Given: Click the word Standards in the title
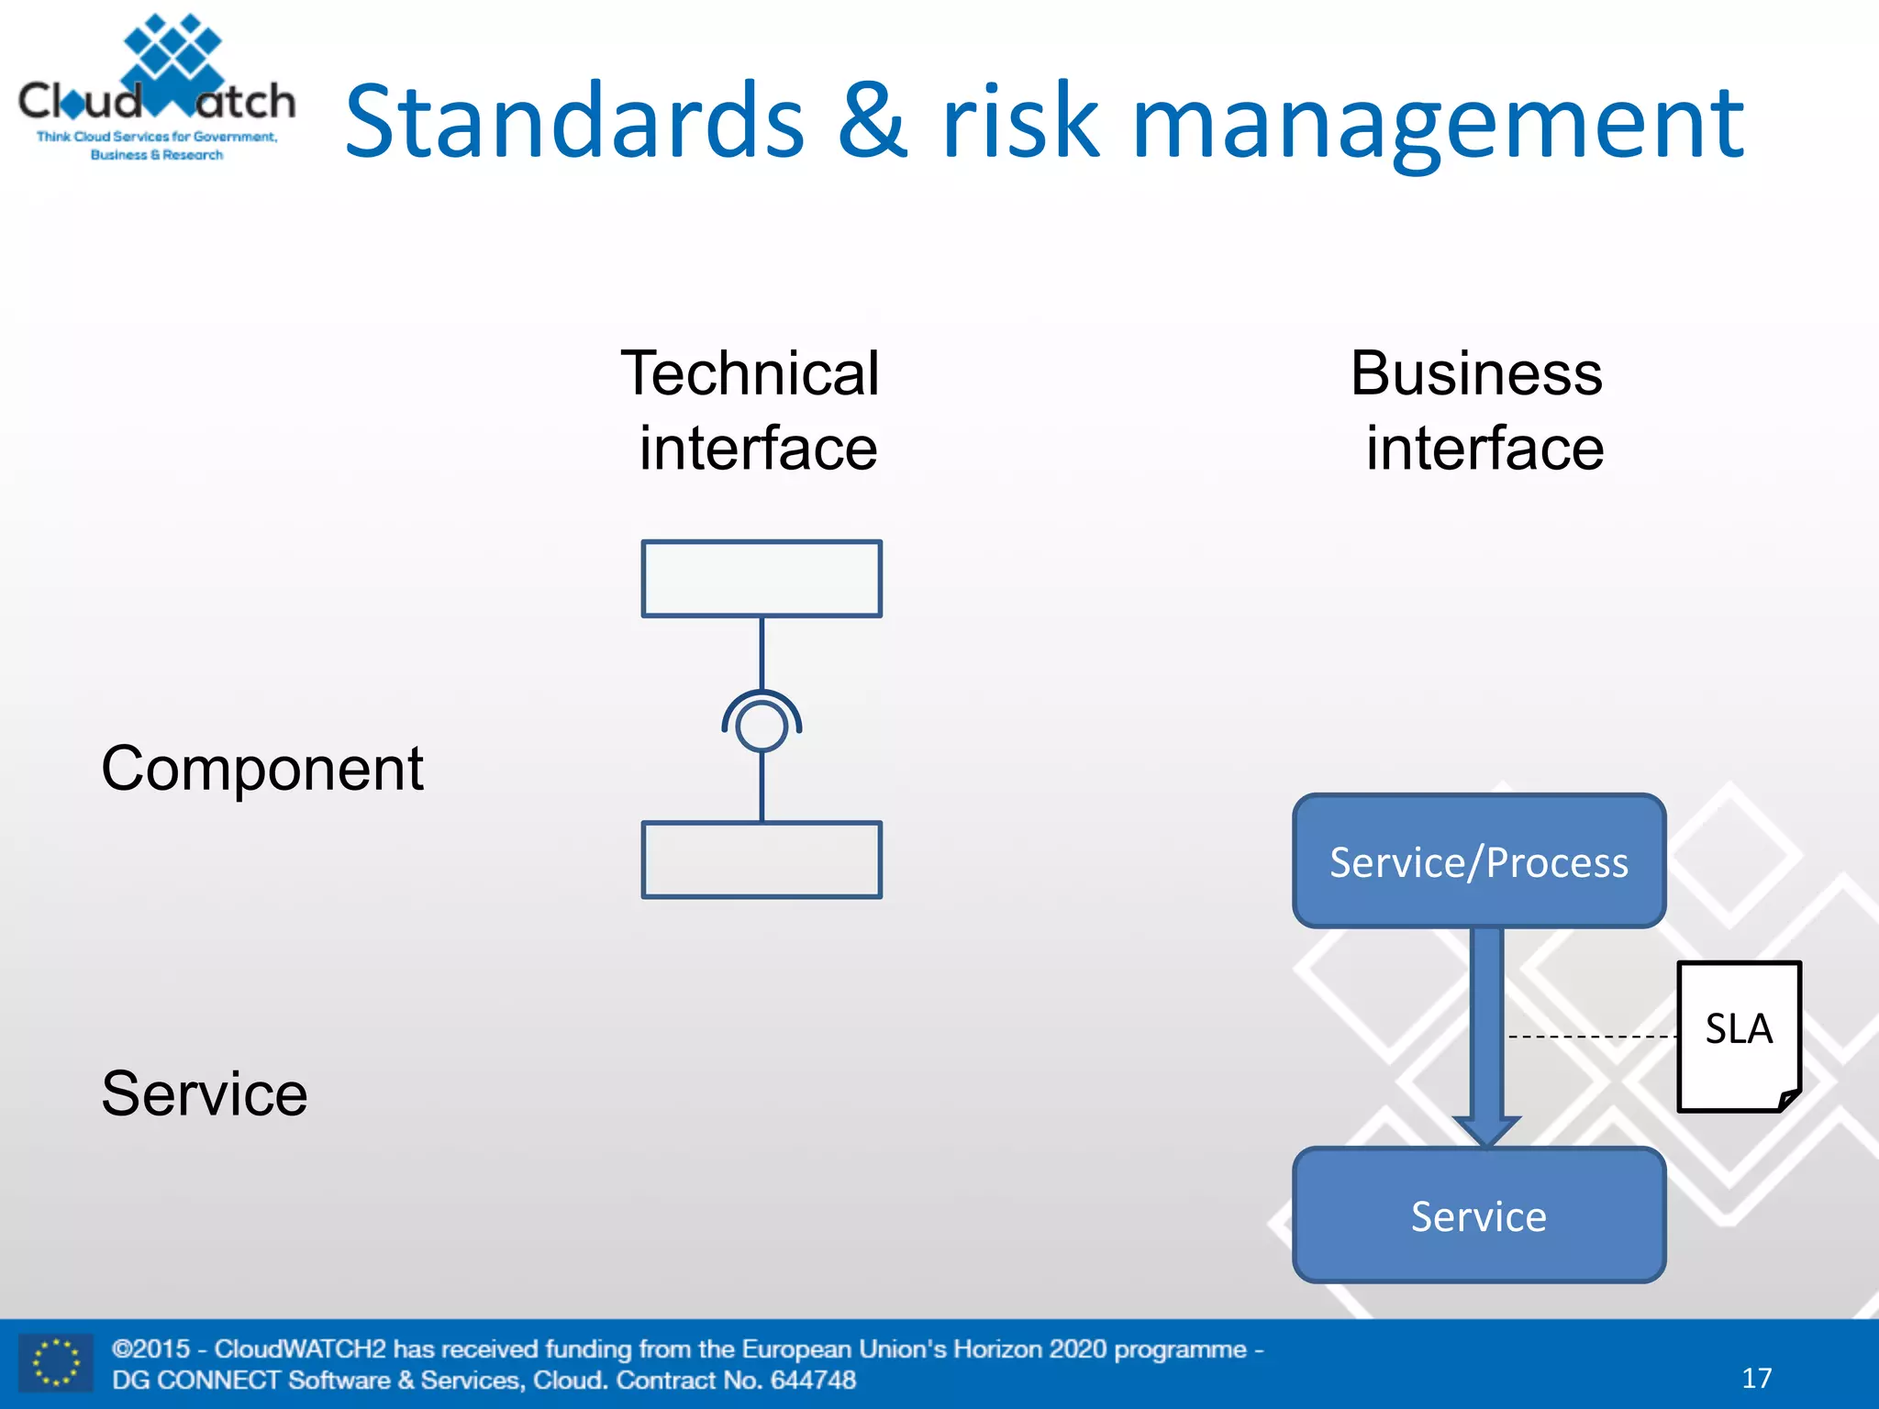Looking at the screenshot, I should (574, 122).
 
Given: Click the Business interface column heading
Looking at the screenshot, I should (1478, 410).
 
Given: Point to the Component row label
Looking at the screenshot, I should (262, 768).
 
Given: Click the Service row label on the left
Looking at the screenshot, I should (204, 1093).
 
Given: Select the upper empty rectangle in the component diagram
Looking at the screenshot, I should (762, 579).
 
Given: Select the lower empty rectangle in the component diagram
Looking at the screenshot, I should (762, 860).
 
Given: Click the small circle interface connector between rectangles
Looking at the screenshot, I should (762, 727).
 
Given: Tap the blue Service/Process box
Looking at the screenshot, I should (1478, 861).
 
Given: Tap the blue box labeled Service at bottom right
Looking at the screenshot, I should (1478, 1215).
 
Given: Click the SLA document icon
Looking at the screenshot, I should (1739, 1036).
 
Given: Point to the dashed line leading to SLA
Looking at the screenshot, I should (1592, 1037).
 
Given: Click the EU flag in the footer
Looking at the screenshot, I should (56, 1363).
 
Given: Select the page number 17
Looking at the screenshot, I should (1756, 1378).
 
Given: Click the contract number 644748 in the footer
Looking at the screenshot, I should (813, 1380).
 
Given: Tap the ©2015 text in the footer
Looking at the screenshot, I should (151, 1348).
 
